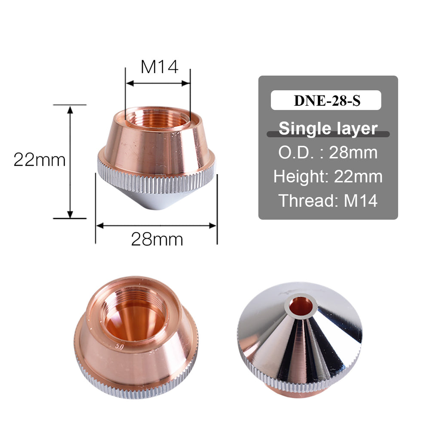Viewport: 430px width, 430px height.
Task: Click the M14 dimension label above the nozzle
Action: click(159, 67)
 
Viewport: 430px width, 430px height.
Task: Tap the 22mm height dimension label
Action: click(40, 160)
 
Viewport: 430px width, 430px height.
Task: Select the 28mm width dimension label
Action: click(157, 240)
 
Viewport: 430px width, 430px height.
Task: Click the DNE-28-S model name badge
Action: click(326, 100)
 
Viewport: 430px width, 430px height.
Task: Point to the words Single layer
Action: click(328, 128)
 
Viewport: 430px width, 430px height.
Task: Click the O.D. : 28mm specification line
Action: click(328, 152)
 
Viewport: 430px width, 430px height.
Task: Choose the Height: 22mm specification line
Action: click(328, 176)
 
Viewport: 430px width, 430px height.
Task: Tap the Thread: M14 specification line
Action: click(328, 200)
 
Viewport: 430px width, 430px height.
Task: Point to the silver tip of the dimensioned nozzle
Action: click(157, 202)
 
